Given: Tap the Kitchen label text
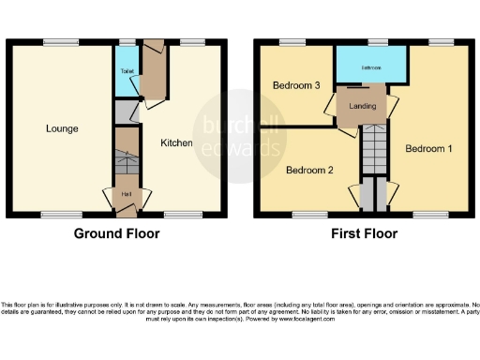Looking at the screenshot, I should pyautogui.click(x=176, y=143).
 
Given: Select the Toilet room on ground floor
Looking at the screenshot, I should pyautogui.click(x=126, y=72).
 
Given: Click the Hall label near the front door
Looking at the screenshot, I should pyautogui.click(x=126, y=194).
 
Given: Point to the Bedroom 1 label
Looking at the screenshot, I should pyautogui.click(x=427, y=149).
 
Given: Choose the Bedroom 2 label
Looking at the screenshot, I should pyautogui.click(x=309, y=171).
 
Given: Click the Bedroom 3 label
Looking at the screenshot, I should pyautogui.click(x=296, y=85).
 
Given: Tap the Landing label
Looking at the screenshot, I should pyautogui.click(x=362, y=107).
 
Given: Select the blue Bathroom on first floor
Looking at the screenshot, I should pyautogui.click(x=371, y=67).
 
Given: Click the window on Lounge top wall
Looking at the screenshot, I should pyautogui.click(x=59, y=41).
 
